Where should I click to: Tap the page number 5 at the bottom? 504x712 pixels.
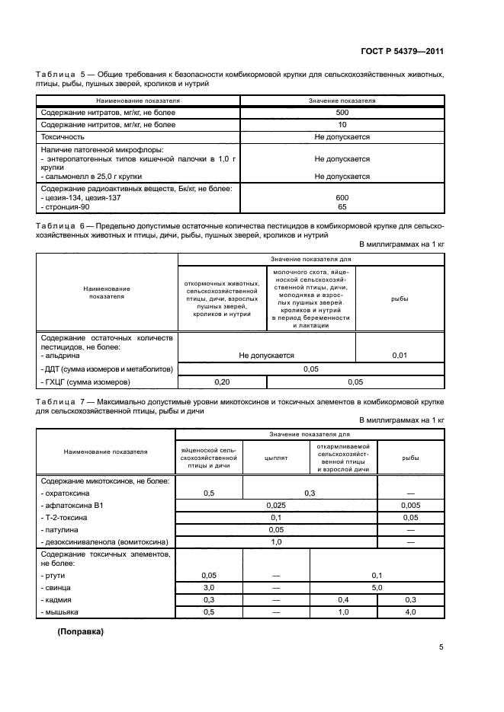point(441,647)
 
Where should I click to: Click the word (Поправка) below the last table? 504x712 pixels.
point(80,632)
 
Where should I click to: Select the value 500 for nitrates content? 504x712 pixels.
point(342,113)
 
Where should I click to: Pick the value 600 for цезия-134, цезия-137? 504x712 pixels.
point(342,196)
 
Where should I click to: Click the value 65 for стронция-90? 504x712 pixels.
point(342,206)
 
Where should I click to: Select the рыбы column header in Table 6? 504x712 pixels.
point(400,299)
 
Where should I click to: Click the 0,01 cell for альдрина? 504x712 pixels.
point(400,355)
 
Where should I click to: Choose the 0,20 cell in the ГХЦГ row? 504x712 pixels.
point(222,382)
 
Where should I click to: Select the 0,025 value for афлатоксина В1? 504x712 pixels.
point(275,505)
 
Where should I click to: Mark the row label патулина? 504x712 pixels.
point(62,529)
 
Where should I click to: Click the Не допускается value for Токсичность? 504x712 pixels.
point(342,136)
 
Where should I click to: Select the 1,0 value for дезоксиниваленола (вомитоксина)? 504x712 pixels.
point(275,541)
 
